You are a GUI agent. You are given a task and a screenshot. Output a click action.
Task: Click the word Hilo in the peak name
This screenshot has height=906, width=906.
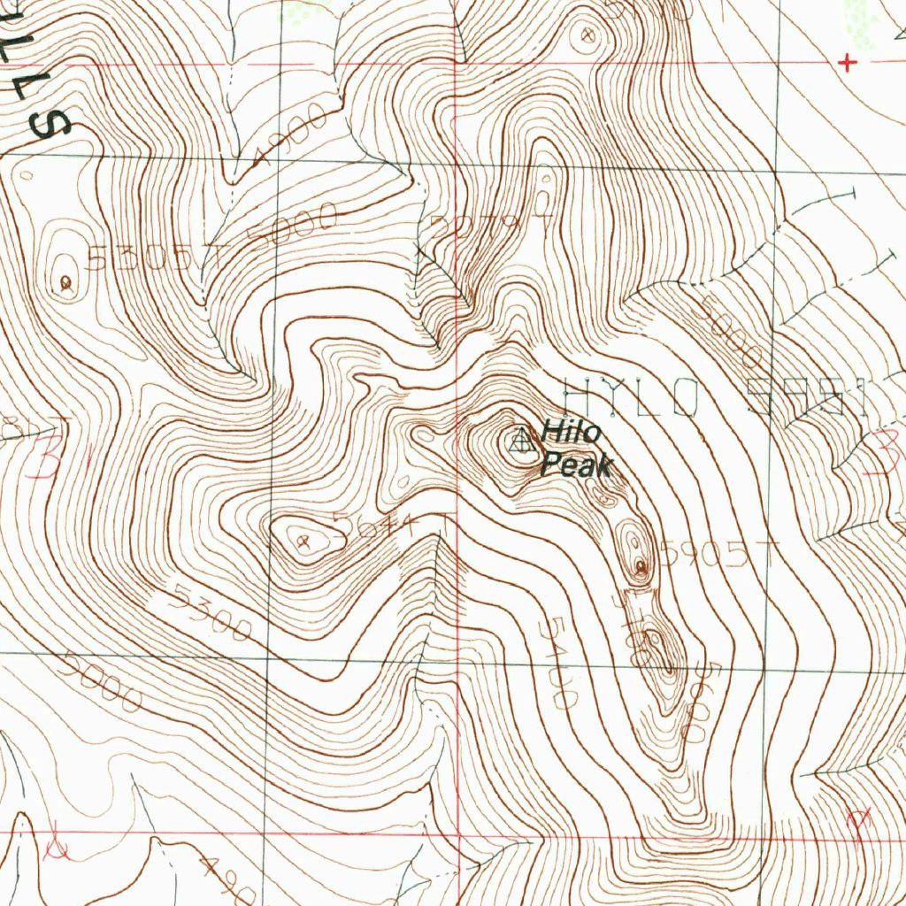572,433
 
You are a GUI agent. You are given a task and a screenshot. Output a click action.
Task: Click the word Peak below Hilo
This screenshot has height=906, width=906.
576,464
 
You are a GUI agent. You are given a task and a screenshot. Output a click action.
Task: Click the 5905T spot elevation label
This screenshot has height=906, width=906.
717,556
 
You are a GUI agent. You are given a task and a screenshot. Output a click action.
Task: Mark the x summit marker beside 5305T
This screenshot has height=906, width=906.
66,283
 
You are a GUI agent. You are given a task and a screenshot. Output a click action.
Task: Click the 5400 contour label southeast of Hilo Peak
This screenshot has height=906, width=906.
554,663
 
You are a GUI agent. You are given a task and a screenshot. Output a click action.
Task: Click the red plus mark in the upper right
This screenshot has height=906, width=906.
848,62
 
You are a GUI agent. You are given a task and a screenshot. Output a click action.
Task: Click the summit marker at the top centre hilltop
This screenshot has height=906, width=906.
585,36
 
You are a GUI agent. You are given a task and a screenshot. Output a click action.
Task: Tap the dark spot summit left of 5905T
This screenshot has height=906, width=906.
640,566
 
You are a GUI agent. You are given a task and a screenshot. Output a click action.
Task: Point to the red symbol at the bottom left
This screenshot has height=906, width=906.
58,845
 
